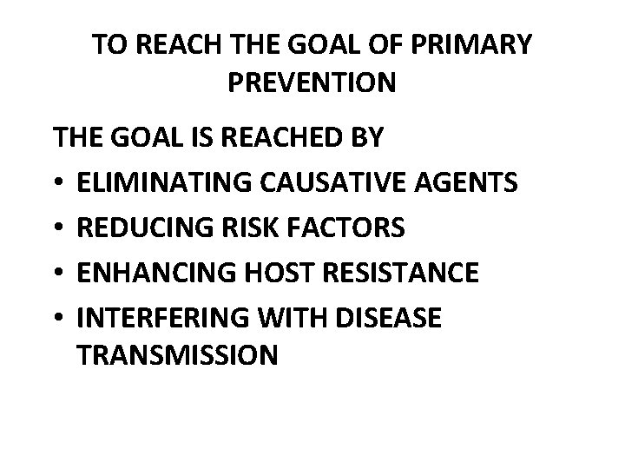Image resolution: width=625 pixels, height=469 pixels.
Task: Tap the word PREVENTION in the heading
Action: coord(312,83)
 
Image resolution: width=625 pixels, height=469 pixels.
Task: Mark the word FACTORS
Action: coord(345,228)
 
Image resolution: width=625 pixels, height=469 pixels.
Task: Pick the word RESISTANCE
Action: coord(400,273)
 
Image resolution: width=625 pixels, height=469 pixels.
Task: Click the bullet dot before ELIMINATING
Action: coord(58,183)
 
